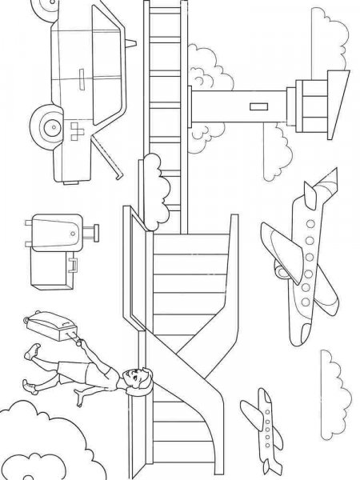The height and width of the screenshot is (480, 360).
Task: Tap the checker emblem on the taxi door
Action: click(x=78, y=133)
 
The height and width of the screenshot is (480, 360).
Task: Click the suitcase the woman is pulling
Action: click(x=48, y=323)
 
